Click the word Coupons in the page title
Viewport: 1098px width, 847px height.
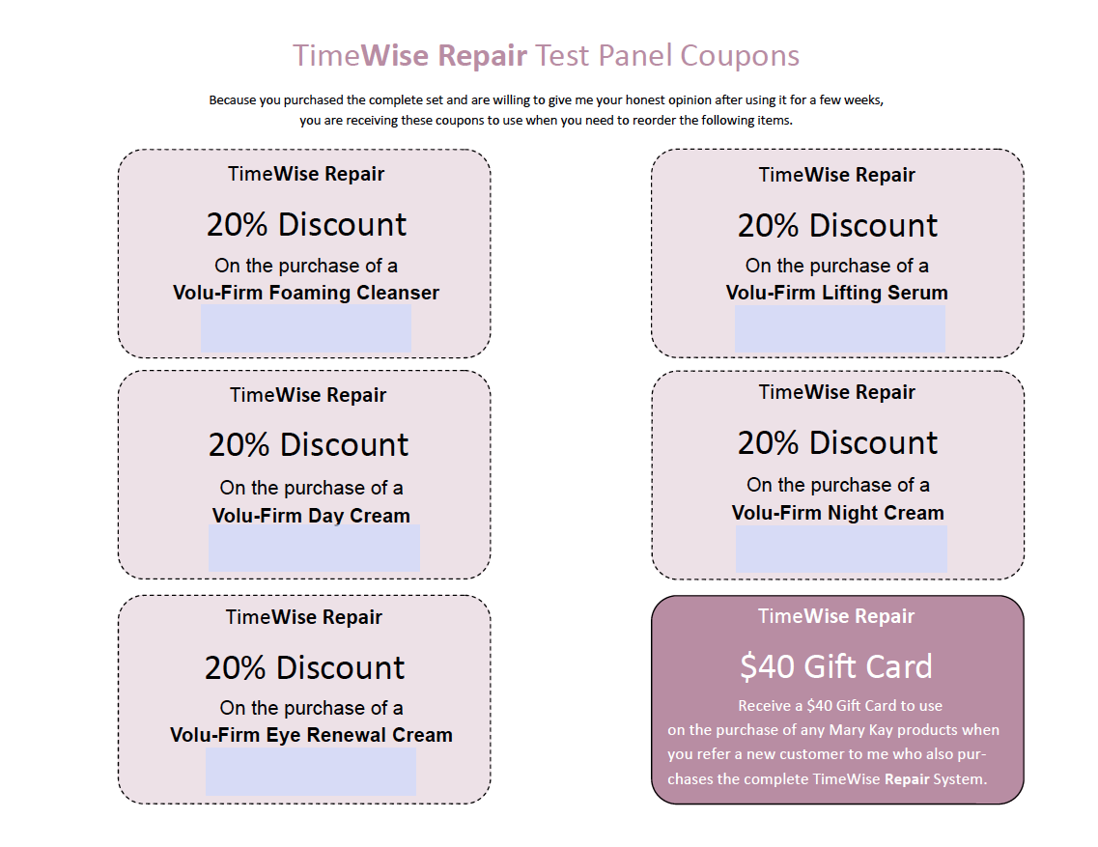[740, 56]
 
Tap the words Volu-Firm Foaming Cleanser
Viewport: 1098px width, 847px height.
[306, 292]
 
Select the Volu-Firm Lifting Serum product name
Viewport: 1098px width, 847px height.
[837, 292]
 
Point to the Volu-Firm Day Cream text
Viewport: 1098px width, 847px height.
[311, 516]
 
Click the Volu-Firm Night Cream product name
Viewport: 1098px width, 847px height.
[838, 513]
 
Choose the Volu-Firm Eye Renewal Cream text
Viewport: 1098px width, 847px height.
[312, 735]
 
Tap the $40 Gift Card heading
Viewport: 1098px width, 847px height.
[836, 666]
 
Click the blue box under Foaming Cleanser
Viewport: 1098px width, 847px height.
[306, 328]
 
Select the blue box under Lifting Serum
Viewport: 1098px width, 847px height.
[839, 328]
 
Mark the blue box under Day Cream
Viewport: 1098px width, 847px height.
[315, 548]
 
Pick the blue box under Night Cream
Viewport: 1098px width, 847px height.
[842, 550]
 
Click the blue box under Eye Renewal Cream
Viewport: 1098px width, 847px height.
[311, 772]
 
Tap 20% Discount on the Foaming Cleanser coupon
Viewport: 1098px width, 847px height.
[306, 225]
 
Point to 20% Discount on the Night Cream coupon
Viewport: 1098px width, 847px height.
[837, 442]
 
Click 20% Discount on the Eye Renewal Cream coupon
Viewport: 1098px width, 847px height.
[304, 667]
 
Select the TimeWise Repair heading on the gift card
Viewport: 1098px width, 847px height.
[836, 616]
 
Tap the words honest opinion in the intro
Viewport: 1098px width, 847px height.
[668, 100]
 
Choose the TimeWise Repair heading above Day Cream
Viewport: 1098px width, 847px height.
[308, 395]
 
